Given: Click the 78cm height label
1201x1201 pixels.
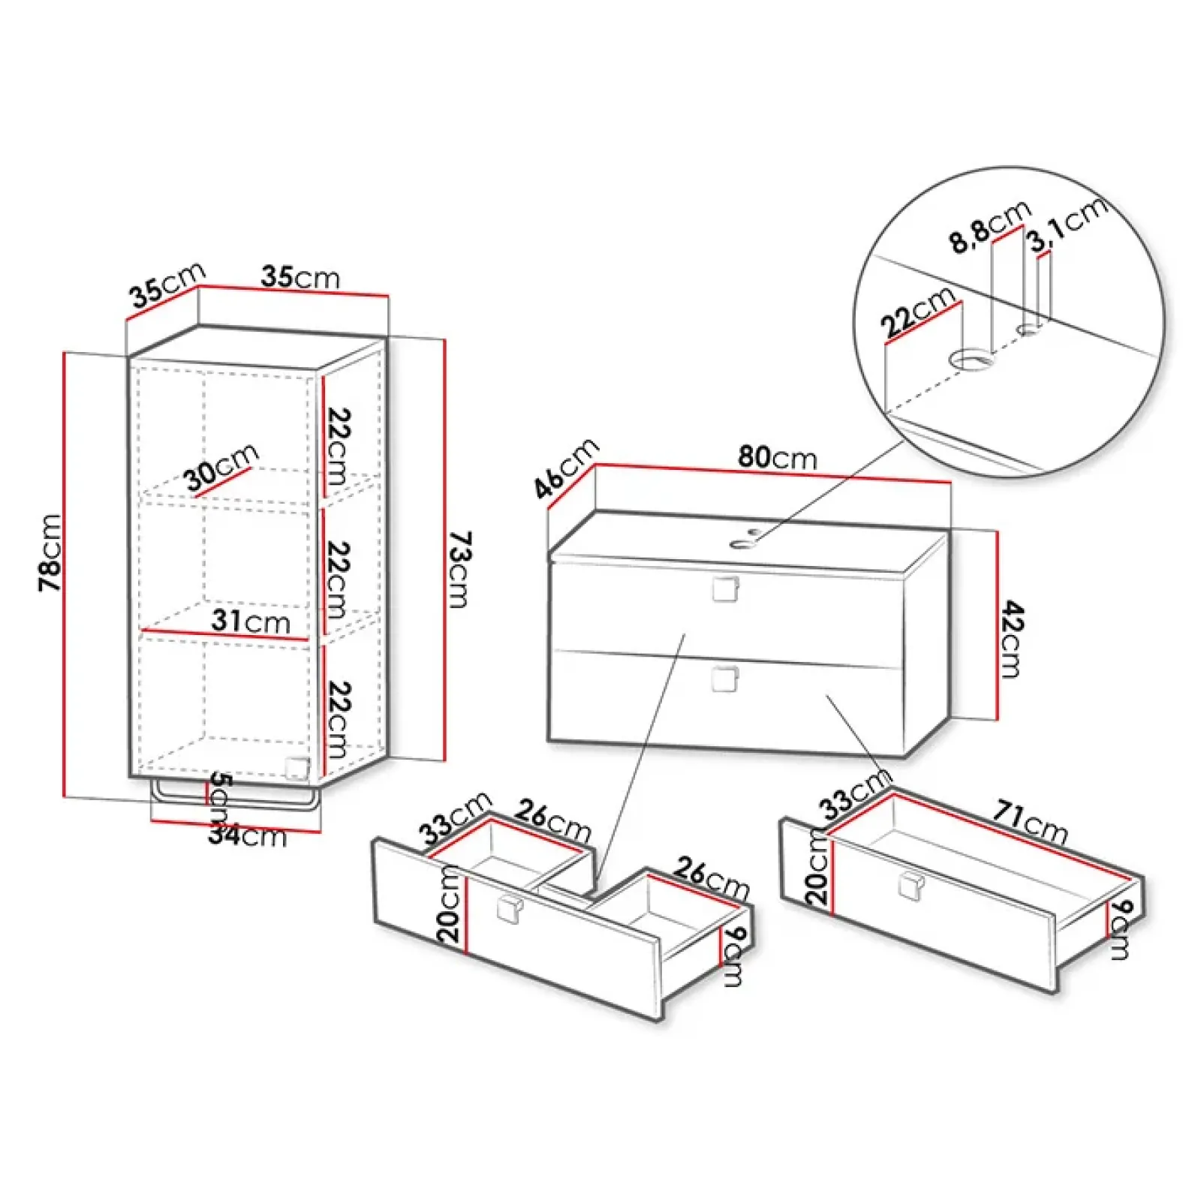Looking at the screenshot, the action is tap(50, 552).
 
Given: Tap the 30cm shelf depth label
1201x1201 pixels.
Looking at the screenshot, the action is tap(222, 468).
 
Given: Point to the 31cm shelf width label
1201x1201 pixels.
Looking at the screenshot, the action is tap(251, 622).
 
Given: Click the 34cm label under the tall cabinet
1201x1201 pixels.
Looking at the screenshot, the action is tap(248, 835).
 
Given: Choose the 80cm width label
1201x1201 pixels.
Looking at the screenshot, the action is tap(778, 457).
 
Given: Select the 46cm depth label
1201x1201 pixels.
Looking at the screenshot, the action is tap(567, 468).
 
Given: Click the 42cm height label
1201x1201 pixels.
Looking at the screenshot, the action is tap(1011, 639).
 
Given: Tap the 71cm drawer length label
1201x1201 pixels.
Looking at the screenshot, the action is tap(1031, 823).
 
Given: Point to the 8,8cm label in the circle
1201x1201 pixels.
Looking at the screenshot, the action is tap(990, 227).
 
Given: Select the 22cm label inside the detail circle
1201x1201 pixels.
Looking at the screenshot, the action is tap(918, 312).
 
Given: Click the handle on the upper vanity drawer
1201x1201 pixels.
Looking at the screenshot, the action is tap(725, 589).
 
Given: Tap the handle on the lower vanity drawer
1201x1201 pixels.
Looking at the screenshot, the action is tap(725, 679).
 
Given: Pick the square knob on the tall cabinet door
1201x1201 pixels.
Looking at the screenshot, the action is tap(297, 768).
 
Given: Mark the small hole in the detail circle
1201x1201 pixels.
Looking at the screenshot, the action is tap(1029, 329).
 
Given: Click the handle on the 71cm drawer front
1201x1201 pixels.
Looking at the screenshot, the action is tap(912, 886).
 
